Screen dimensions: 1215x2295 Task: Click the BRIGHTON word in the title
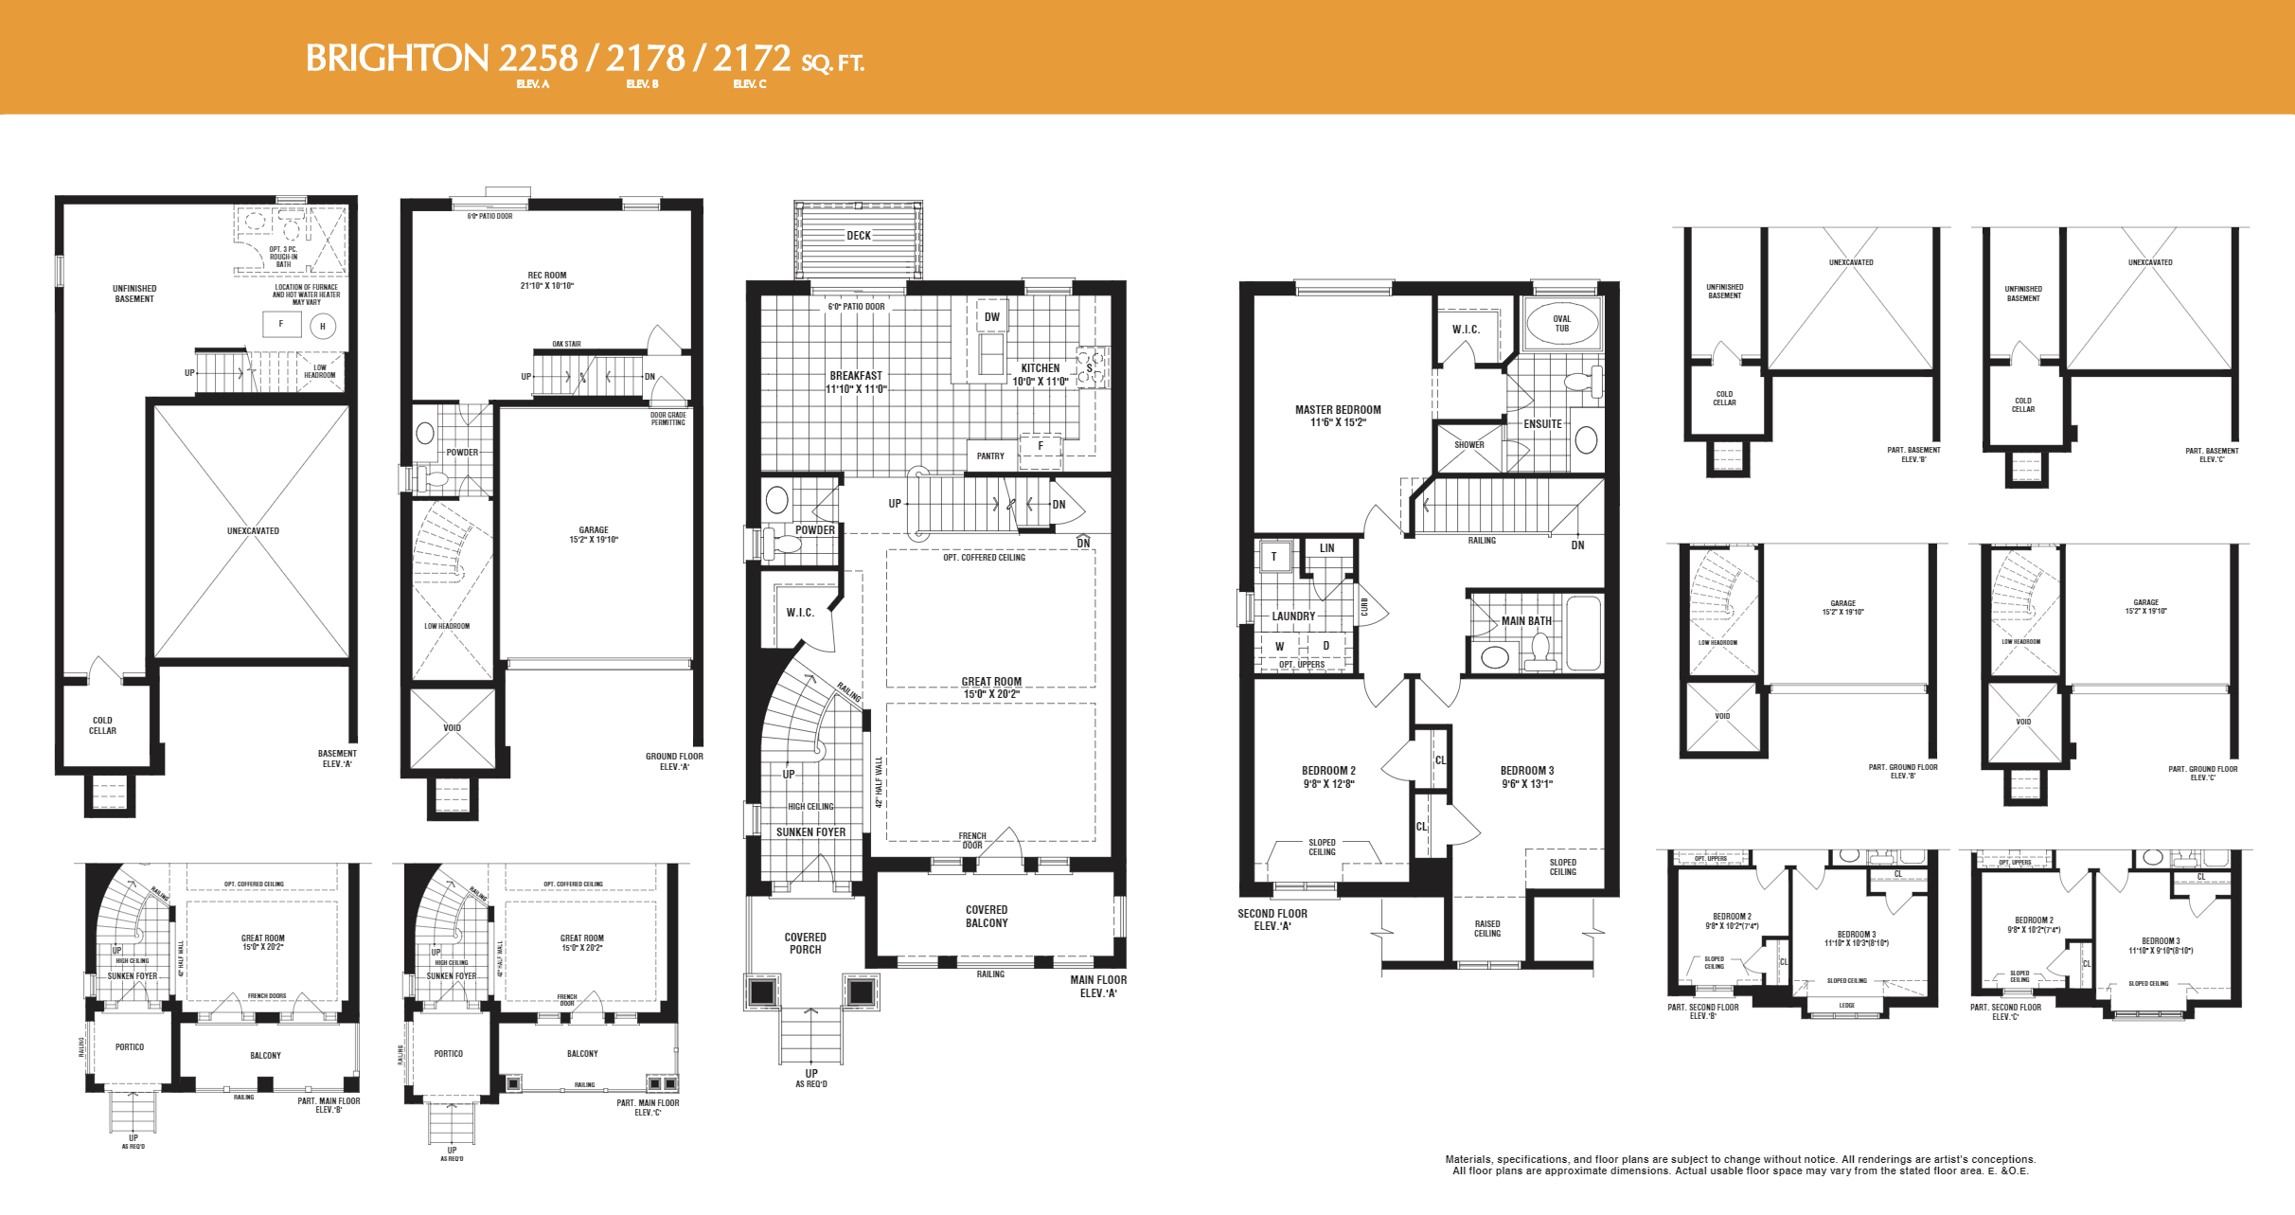pyautogui.click(x=397, y=59)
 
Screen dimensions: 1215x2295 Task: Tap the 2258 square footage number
pyautogui.click(x=538, y=59)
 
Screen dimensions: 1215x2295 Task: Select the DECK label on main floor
pyautogui.click(x=859, y=236)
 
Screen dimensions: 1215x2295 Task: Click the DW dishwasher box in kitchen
pyautogui.click(x=991, y=317)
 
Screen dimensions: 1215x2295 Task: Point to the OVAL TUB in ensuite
pyautogui.click(x=1561, y=324)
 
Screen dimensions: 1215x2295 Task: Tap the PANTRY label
pyautogui.click(x=990, y=456)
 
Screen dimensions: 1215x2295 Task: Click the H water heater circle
pyautogui.click(x=323, y=327)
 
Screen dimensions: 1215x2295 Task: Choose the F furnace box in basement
pyautogui.click(x=281, y=324)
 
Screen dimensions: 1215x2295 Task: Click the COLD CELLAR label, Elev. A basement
pyautogui.click(x=102, y=725)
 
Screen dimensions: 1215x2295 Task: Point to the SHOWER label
pyautogui.click(x=1468, y=445)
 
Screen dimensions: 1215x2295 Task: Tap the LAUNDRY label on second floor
pyautogui.click(x=1293, y=616)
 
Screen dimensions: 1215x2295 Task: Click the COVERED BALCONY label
pyautogui.click(x=987, y=916)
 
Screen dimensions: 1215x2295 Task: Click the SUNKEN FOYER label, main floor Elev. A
pyautogui.click(x=810, y=832)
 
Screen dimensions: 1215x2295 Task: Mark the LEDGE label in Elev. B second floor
pyautogui.click(x=1846, y=1006)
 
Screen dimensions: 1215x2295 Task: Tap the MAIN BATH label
pyautogui.click(x=1526, y=621)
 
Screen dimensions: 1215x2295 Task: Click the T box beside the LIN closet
pyautogui.click(x=1274, y=557)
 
